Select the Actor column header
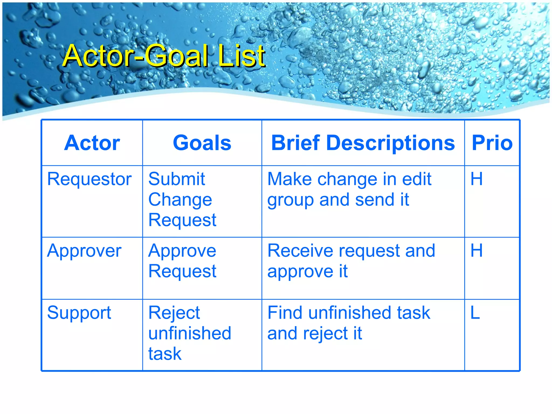click(x=92, y=143)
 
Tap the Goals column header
click(x=202, y=143)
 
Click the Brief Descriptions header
click(x=363, y=143)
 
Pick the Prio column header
click(x=492, y=143)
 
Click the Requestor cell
click(x=89, y=179)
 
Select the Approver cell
click(x=84, y=251)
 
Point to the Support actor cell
click(x=79, y=313)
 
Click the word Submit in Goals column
click(x=177, y=179)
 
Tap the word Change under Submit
click(x=180, y=200)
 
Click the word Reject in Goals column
click(x=174, y=313)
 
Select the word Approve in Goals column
click(x=182, y=251)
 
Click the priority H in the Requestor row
click(x=476, y=179)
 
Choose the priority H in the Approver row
click(x=476, y=251)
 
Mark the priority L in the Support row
click(x=475, y=313)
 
